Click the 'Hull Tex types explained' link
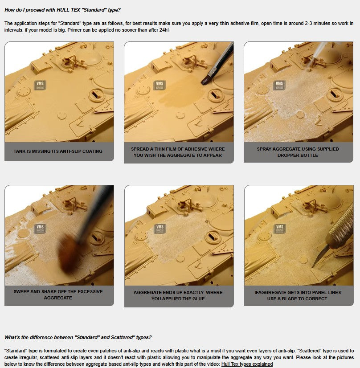click(247, 364)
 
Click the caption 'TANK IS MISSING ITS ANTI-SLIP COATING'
click(58, 151)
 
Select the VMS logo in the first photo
click(40, 85)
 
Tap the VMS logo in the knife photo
click(280, 229)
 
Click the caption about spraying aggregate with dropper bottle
click(298, 152)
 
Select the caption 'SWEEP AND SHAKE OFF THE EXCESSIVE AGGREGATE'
click(58, 294)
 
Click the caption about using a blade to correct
click(297, 295)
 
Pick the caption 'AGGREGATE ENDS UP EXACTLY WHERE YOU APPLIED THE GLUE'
click(178, 295)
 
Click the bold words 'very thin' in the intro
click(218, 23)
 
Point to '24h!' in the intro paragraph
click(164, 30)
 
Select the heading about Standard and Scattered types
click(78, 337)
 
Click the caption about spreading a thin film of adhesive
click(178, 152)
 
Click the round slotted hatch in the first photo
click(96, 95)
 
